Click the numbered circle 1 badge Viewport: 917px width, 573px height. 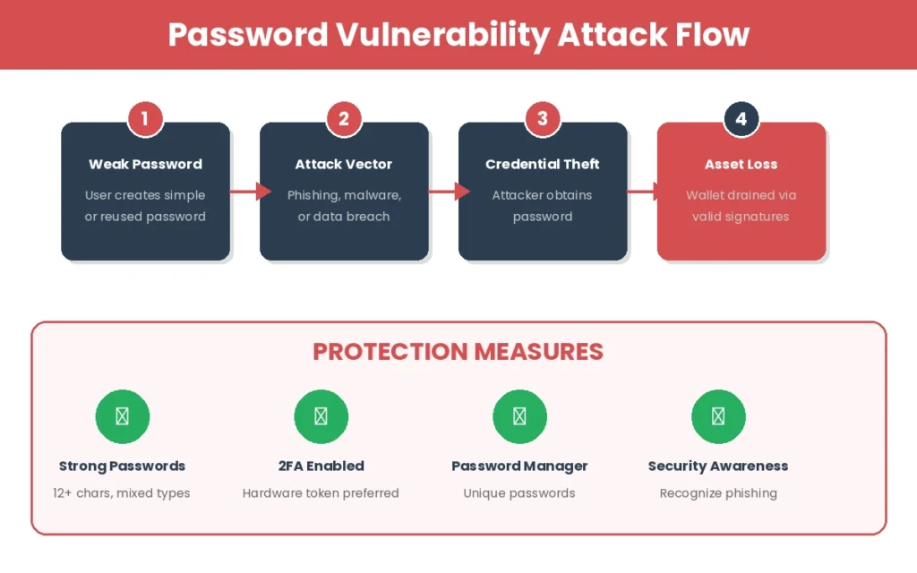pyautogui.click(x=145, y=118)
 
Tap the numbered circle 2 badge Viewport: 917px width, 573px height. pyautogui.click(x=344, y=118)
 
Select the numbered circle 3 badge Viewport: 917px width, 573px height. pyautogui.click(x=543, y=118)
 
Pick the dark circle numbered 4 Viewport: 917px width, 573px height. pyautogui.click(x=741, y=118)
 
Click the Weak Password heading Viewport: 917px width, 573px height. pyautogui.click(x=145, y=164)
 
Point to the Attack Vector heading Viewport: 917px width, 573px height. pyautogui.click(x=344, y=164)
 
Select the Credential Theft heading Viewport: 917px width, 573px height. pyautogui.click(x=543, y=164)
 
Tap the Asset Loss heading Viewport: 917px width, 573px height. pyautogui.click(x=741, y=164)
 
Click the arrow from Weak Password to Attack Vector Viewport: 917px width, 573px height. pyautogui.click(x=250, y=191)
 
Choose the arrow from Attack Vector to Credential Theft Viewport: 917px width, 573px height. pyautogui.click(x=449, y=191)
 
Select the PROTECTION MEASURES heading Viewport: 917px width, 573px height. pyautogui.click(x=458, y=352)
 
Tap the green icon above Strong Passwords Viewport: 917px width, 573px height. pyautogui.click(x=123, y=416)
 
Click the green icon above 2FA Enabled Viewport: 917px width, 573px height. pyautogui.click(x=321, y=416)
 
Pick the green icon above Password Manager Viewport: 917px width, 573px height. pyautogui.click(x=520, y=416)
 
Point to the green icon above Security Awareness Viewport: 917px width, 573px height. pyautogui.click(x=719, y=416)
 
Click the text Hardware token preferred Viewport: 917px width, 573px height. pyautogui.click(x=321, y=492)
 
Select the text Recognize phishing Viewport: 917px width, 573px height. pyautogui.click(x=718, y=492)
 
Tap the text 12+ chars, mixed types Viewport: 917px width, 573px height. pyautogui.click(x=122, y=492)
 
